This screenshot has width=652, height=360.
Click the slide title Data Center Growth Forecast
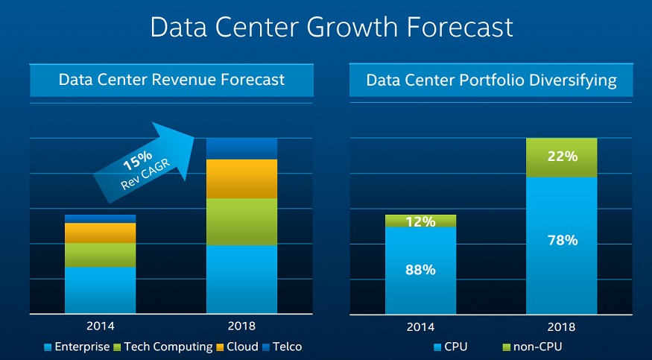coord(332,27)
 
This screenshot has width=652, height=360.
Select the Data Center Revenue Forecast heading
coord(171,79)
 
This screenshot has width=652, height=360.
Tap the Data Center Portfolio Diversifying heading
coord(491,80)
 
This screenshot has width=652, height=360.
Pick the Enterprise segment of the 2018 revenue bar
coord(241,279)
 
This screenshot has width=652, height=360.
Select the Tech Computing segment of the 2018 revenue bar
coord(241,221)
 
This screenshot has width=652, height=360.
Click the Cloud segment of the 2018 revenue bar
coord(241,179)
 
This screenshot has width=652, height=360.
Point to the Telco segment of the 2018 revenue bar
coord(241,148)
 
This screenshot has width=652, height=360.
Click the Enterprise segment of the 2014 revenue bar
coord(101,289)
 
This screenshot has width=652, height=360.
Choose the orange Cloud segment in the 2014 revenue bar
coord(101,233)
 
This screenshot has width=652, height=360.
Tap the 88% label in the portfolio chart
coord(420,270)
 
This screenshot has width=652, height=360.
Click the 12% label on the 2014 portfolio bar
coord(420,221)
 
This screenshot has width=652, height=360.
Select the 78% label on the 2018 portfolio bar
coord(562,240)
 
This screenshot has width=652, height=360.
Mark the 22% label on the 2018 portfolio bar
coord(562,157)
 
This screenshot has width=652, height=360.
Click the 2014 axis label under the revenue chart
coord(101,326)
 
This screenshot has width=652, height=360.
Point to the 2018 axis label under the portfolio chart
coord(562,326)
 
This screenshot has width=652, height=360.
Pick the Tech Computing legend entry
coord(162,347)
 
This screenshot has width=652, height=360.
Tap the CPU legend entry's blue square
coord(437,347)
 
